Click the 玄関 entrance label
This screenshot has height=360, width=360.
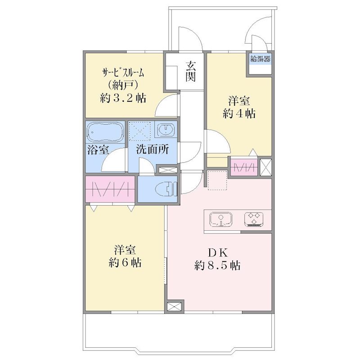190,72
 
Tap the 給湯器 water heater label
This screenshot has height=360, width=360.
261,59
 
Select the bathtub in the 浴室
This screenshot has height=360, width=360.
105,132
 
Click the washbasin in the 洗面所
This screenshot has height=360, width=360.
166,130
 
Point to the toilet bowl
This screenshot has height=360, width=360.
166,189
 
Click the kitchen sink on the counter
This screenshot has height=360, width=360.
220,220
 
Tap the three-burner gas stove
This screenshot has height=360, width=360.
254,219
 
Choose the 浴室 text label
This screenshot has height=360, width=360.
98,150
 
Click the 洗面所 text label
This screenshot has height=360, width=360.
152,150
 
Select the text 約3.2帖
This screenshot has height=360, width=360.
123,98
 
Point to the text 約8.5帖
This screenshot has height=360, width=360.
217,266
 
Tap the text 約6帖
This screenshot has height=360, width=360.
125,262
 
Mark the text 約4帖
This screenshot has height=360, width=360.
239,113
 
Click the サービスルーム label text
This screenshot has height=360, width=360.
123,73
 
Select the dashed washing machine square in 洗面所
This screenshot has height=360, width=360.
139,131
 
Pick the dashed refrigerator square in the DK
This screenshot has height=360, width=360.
217,180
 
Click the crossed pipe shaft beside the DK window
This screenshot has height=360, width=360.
174,306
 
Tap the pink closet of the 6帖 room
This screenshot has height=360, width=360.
110,189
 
